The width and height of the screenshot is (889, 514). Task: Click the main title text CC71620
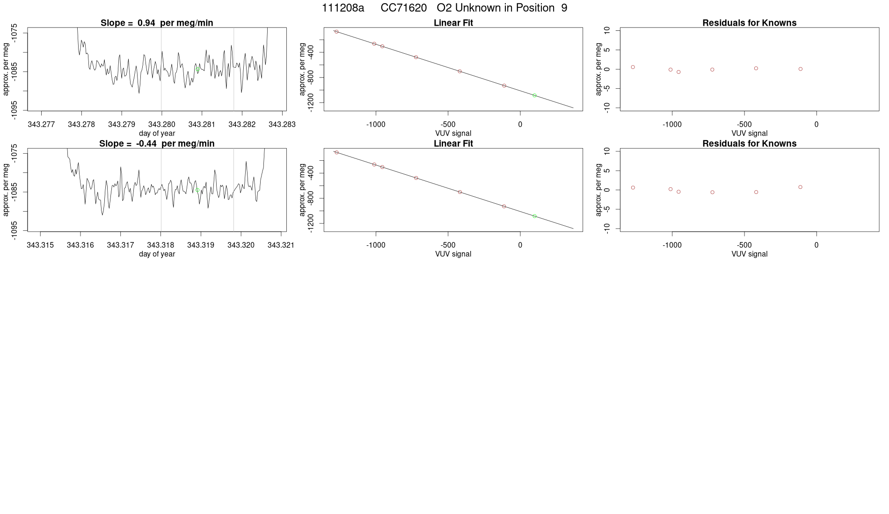coord(403,8)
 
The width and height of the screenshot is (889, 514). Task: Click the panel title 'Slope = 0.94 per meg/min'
coord(157,23)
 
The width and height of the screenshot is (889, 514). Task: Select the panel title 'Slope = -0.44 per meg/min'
coord(157,143)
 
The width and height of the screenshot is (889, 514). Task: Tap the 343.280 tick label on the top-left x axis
coord(161,124)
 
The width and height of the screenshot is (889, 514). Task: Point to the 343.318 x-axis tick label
coord(160,245)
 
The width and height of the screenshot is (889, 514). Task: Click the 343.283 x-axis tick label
coord(282,124)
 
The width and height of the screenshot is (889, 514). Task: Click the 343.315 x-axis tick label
coord(40,245)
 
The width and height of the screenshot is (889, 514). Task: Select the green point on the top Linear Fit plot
coord(534,95)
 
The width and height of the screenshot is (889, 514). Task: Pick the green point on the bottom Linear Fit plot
coord(534,216)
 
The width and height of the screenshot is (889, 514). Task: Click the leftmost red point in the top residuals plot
coord(633,67)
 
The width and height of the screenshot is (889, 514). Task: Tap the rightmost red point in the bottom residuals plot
coord(801,187)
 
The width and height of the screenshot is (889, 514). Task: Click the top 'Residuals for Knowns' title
coord(749,23)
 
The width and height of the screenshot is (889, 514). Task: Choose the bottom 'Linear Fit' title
coord(453,143)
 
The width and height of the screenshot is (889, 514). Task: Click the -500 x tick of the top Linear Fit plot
coord(448,124)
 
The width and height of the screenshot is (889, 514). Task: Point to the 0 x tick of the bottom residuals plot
coord(816,245)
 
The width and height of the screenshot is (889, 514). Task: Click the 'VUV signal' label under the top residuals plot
coord(749,133)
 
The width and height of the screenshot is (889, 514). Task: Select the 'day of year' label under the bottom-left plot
coord(157,254)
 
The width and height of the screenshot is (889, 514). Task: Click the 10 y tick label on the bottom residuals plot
coord(607,151)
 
